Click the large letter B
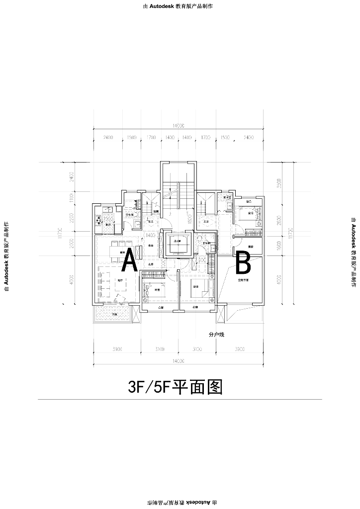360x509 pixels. [x=243, y=263]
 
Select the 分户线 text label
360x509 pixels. [x=217, y=335]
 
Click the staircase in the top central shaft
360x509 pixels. [x=176, y=193]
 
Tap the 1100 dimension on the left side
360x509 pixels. [x=72, y=198]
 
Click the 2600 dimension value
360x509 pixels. [x=279, y=221]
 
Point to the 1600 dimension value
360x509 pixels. [x=279, y=246]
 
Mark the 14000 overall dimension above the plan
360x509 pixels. [x=177, y=126]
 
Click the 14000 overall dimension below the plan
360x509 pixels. [x=177, y=360]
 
